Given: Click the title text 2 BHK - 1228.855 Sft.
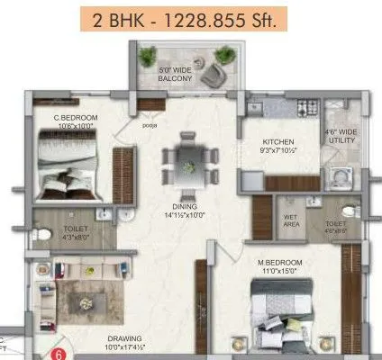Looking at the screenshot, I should [191, 18].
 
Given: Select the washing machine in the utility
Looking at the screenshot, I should [341, 175].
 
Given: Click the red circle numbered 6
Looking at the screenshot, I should [60, 354].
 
